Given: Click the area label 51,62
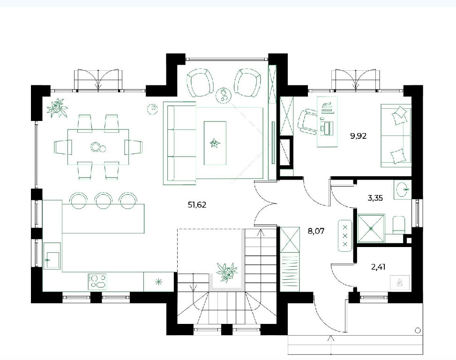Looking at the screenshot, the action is (197, 205).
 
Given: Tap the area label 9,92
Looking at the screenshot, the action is (358, 136).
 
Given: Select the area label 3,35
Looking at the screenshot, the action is (375, 198).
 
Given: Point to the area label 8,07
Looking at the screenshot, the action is (316, 232).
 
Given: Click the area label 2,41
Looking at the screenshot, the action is (378, 267).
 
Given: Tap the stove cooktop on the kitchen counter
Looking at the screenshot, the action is (97, 282).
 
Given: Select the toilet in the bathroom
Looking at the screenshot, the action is (399, 225).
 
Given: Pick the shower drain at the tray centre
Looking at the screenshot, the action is (371, 229).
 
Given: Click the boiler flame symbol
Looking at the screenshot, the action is (400, 282).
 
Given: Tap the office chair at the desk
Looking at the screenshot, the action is (307, 121).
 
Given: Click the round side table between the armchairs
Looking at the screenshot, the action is (224, 95).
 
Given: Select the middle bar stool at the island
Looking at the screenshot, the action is (103, 200).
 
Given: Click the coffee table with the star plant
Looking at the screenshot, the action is (215, 143).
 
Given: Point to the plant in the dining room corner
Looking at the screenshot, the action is (57, 108).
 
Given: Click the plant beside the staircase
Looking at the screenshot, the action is (227, 272).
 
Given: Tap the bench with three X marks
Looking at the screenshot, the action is (345, 235).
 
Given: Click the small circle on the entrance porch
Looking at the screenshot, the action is (418, 330).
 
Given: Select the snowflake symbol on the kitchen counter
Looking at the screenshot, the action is (158, 282).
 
